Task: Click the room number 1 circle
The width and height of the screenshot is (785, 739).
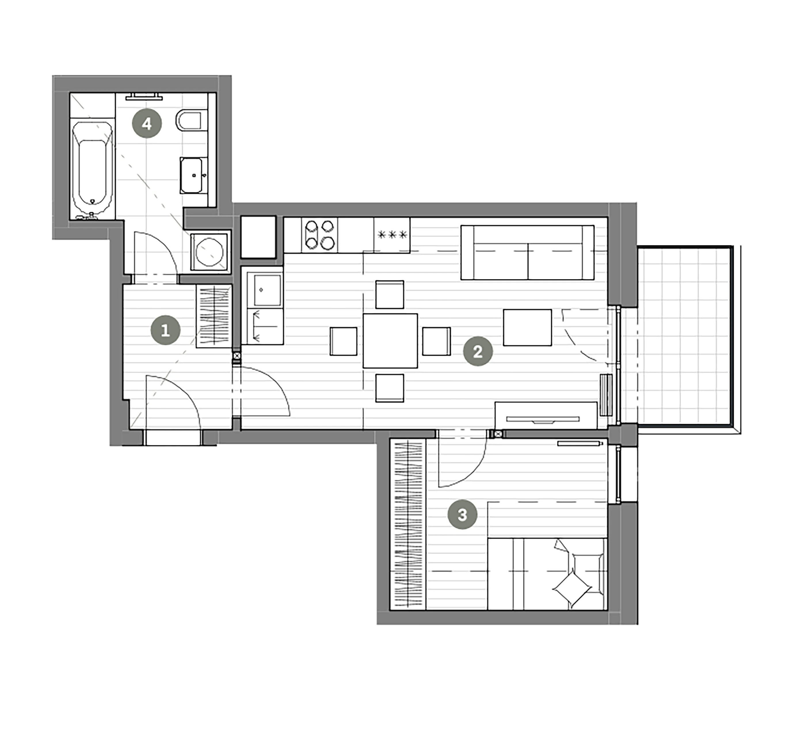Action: [x=165, y=330]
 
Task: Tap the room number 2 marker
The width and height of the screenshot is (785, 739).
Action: [x=478, y=351]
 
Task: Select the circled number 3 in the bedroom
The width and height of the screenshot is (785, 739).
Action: [x=462, y=515]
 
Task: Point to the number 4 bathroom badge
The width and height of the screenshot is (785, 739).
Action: [x=146, y=124]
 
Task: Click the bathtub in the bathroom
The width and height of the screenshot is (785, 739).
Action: [x=92, y=169]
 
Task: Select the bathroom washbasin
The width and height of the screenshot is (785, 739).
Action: [x=193, y=175]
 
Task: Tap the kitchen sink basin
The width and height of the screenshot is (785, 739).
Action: [x=267, y=290]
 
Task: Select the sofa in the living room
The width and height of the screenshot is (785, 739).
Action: [x=527, y=253]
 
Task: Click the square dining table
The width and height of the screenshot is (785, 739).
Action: [x=390, y=341]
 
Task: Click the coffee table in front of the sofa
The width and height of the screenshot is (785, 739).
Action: [x=527, y=327]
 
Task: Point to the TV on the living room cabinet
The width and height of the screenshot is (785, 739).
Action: [x=543, y=419]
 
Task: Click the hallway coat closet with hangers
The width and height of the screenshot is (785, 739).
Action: [x=214, y=316]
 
